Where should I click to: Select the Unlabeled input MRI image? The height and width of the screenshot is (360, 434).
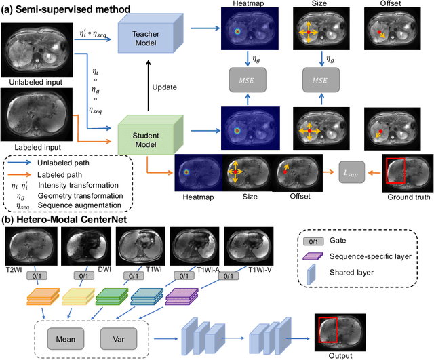coord(34,46)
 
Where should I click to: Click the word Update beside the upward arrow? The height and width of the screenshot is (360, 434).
coord(164,87)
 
